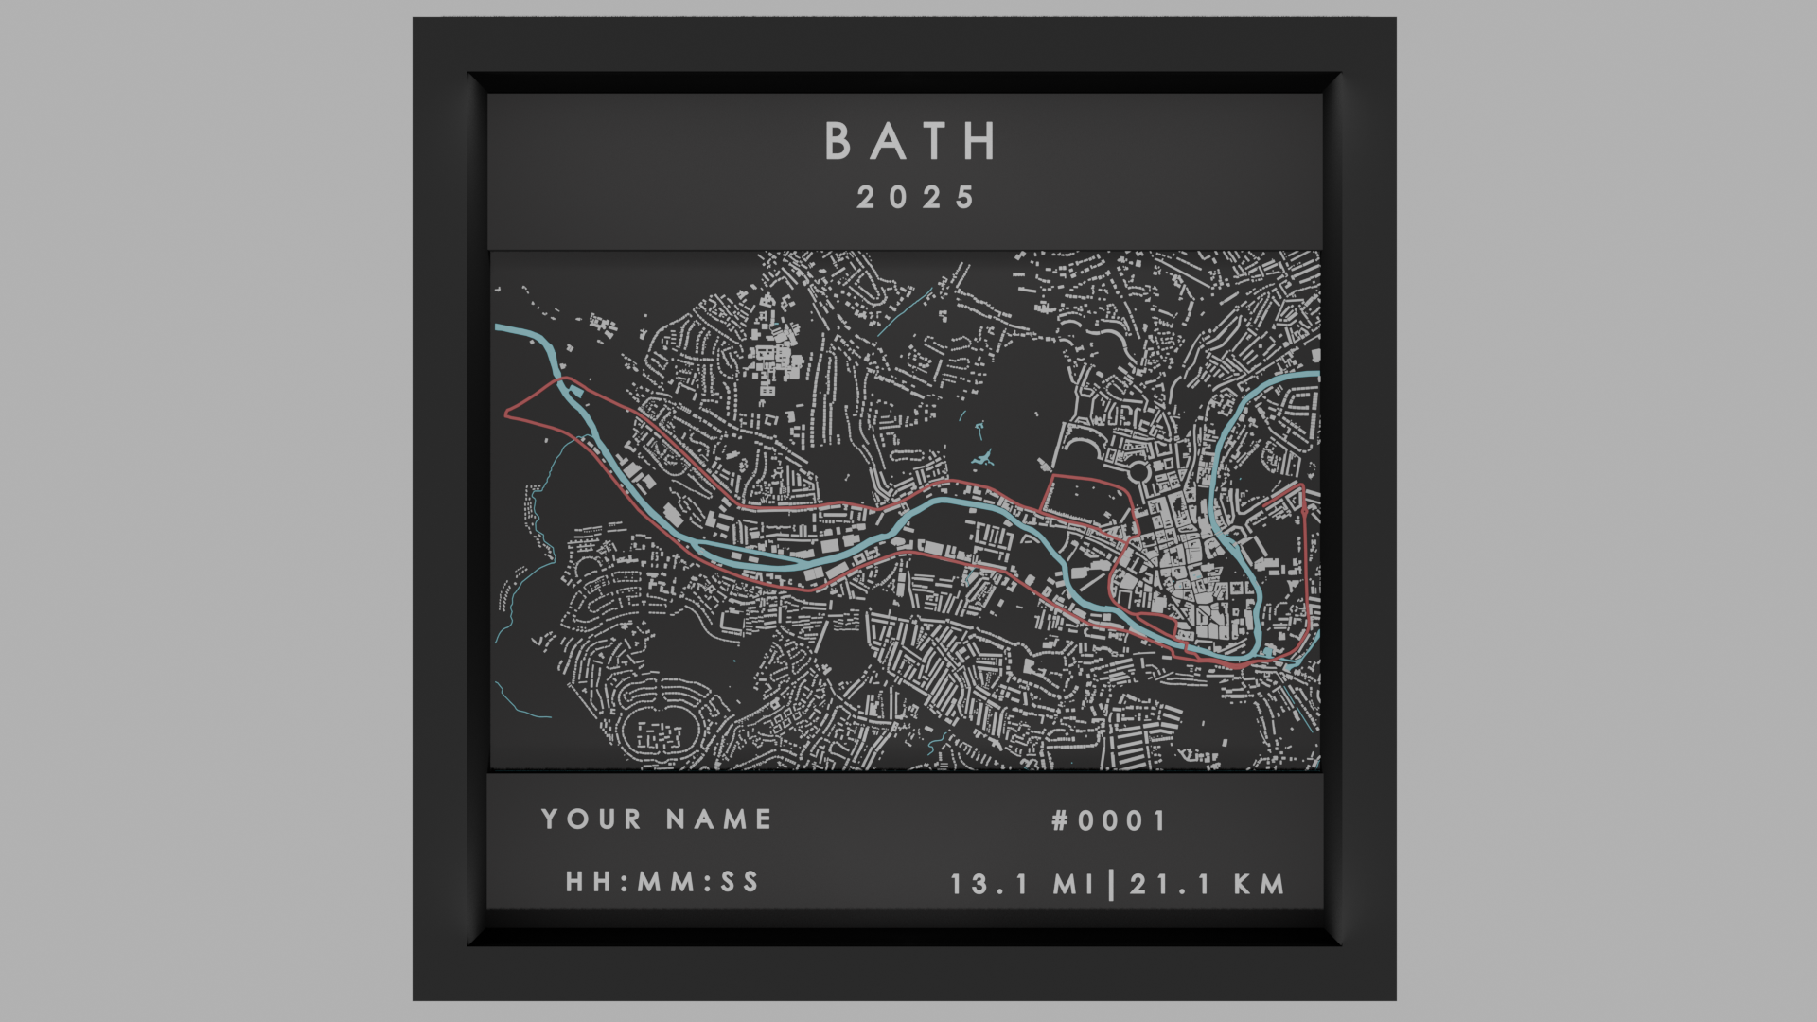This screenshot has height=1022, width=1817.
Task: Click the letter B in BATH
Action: click(838, 142)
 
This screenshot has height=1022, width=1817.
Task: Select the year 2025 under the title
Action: click(915, 198)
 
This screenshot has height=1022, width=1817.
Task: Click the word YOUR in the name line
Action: click(591, 819)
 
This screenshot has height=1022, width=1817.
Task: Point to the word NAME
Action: click(719, 819)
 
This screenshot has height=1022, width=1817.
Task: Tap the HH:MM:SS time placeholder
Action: click(662, 882)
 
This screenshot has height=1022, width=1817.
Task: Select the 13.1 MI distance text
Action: click(1022, 885)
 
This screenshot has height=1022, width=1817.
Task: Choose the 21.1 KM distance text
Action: click(1208, 885)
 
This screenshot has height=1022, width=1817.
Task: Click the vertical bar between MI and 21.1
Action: click(1111, 885)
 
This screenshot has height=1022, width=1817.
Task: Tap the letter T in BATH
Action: click(934, 142)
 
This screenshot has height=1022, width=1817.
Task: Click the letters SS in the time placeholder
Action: click(739, 882)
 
